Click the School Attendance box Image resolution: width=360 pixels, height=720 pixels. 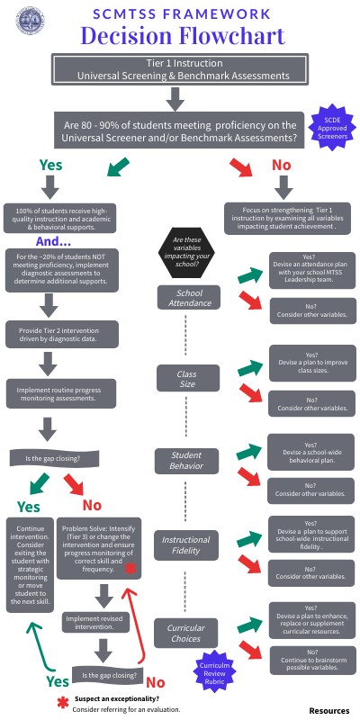(189, 297)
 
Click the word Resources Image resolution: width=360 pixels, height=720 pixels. (328, 710)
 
